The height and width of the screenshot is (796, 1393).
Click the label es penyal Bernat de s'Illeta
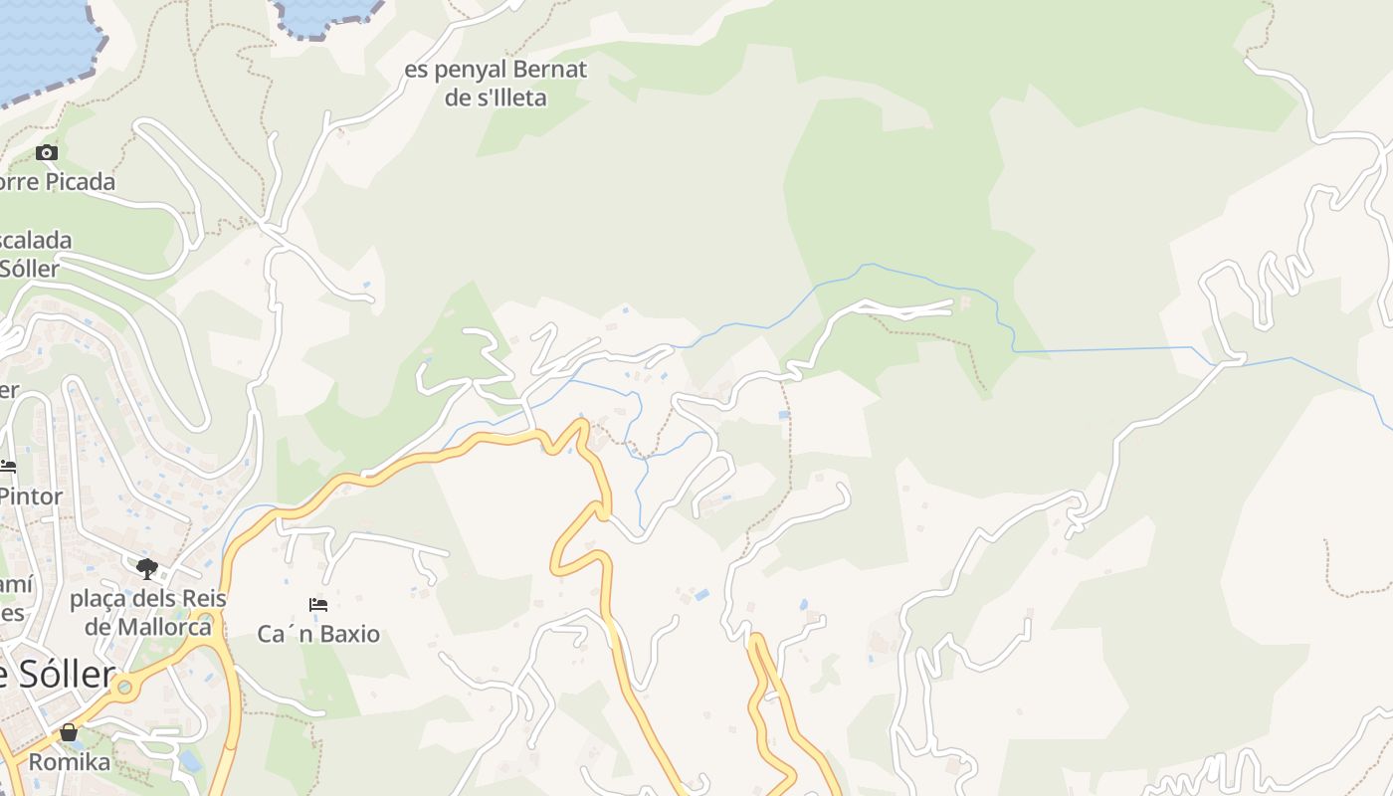point(496,84)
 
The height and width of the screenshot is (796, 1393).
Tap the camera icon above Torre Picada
point(47,152)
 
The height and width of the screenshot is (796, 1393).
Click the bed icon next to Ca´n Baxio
point(318,604)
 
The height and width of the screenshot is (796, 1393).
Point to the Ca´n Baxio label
point(318,634)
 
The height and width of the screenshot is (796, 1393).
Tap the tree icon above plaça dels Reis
point(147,569)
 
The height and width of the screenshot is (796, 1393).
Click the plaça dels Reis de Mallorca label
point(148,613)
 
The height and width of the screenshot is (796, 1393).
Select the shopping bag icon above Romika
point(69,733)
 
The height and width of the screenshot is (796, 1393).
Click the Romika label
point(69,762)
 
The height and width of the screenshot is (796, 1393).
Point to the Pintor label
point(32,496)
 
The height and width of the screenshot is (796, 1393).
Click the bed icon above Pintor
point(8,466)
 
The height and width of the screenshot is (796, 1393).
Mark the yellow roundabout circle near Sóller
point(124,687)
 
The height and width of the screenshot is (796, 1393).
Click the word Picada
point(80,182)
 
